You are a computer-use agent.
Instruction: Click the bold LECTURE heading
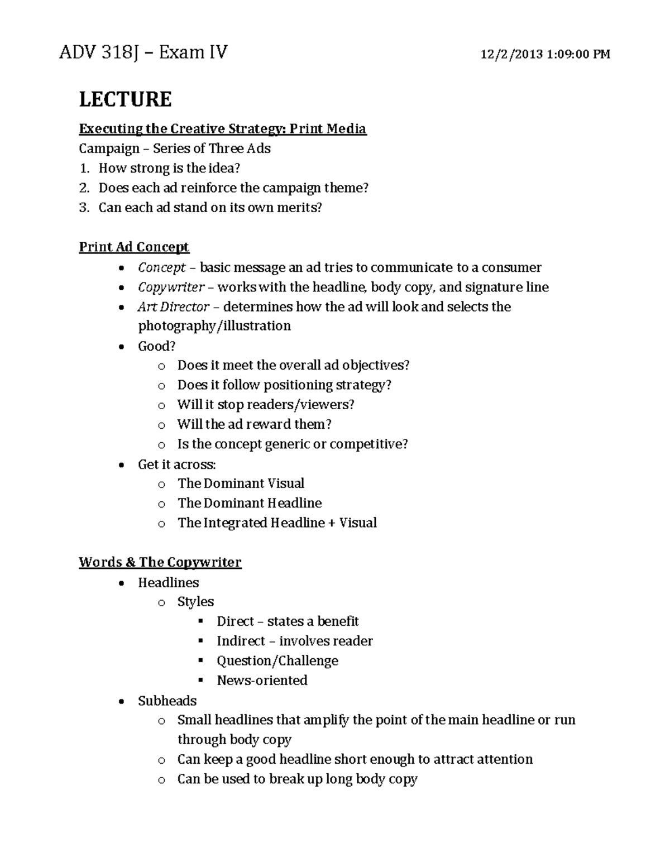pyautogui.click(x=125, y=99)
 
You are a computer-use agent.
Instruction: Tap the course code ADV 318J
pyautogui.click(x=98, y=52)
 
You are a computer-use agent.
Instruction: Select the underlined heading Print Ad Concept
pyautogui.click(x=134, y=247)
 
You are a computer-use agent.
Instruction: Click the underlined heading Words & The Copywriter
pyautogui.click(x=160, y=562)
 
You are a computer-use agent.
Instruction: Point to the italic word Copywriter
pyautogui.click(x=171, y=287)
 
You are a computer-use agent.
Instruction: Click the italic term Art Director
pyautogui.click(x=173, y=306)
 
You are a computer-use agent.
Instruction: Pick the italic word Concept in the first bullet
pyautogui.click(x=161, y=267)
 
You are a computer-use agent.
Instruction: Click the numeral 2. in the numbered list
pyautogui.click(x=84, y=188)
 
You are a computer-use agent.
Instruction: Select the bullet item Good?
pyautogui.click(x=156, y=346)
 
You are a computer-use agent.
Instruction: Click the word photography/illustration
pyautogui.click(x=214, y=326)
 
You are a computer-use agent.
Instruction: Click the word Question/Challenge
pyautogui.click(x=277, y=661)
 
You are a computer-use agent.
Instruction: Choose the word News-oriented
pyautogui.click(x=262, y=681)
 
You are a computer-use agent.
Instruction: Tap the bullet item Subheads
pyautogui.click(x=167, y=701)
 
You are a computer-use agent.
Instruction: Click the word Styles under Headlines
pyautogui.click(x=195, y=602)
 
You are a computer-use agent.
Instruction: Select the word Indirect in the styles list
pyautogui.click(x=241, y=641)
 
